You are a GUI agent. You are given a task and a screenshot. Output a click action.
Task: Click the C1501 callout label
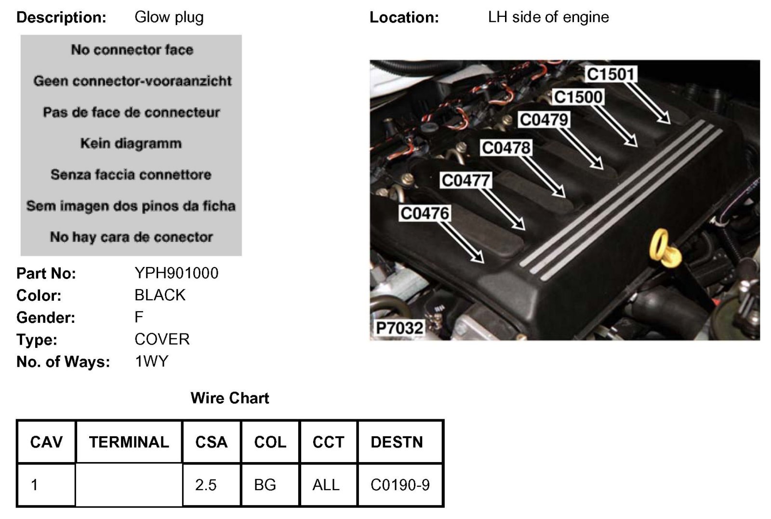(x=611, y=74)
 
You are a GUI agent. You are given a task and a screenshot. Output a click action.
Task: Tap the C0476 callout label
(x=425, y=213)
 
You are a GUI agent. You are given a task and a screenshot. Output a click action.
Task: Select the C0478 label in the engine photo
(x=506, y=147)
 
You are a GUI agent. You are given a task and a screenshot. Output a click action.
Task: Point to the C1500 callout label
(x=578, y=97)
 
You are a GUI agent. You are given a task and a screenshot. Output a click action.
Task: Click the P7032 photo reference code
(x=399, y=328)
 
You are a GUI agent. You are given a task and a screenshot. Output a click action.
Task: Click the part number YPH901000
(x=176, y=273)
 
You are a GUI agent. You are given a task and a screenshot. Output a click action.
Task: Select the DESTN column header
(x=397, y=442)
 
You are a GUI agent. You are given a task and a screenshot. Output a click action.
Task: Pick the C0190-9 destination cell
(x=400, y=485)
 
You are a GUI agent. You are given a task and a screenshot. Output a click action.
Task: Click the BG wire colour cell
(x=265, y=485)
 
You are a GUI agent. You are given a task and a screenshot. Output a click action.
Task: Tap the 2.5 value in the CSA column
(x=206, y=485)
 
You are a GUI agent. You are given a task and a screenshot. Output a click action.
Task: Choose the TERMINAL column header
(x=129, y=442)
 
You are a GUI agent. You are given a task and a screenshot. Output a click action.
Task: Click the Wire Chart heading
(x=230, y=398)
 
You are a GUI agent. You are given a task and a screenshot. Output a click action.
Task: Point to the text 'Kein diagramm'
(x=131, y=143)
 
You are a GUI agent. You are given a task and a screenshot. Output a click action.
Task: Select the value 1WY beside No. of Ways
(x=151, y=361)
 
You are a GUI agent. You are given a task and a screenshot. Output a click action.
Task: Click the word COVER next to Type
(x=162, y=339)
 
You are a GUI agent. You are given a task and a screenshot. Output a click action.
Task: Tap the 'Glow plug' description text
(x=169, y=17)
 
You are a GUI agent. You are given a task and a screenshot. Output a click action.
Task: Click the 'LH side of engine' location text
(x=548, y=17)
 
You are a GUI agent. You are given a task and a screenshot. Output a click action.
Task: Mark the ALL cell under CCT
(x=326, y=485)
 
